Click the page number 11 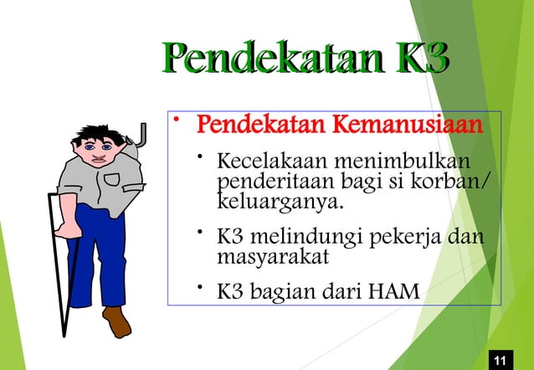(x=501, y=360)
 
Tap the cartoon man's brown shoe (x=116, y=321)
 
